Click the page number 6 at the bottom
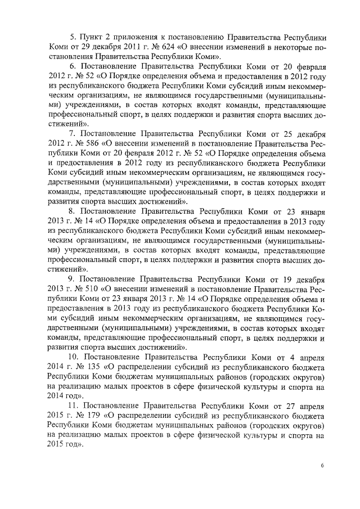click(323, 466)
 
